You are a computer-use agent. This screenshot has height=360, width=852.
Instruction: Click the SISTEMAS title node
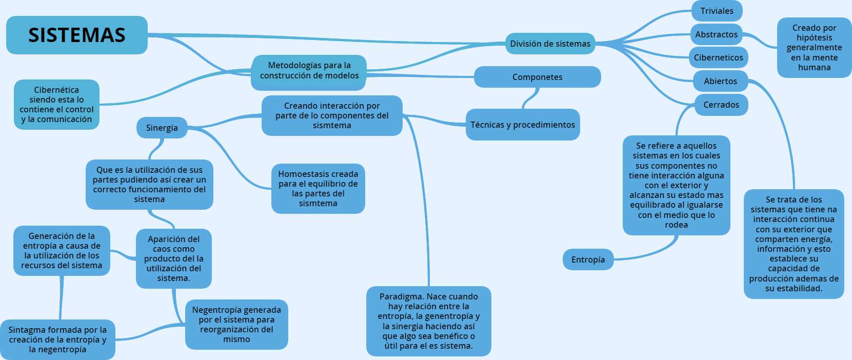[x=77, y=35]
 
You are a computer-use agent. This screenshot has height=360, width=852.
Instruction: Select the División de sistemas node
[x=550, y=44]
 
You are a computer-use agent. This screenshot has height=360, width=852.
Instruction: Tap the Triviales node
[x=717, y=11]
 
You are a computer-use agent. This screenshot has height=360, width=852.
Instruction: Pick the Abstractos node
[x=716, y=34]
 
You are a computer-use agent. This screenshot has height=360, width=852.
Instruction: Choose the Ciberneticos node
[x=718, y=57]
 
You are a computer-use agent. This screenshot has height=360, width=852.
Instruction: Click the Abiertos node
[x=720, y=81]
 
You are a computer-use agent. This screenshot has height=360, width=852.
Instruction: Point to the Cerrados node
[x=721, y=105]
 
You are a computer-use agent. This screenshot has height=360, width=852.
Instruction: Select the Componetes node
[x=537, y=77]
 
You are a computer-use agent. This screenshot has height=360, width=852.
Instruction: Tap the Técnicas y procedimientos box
[x=523, y=125]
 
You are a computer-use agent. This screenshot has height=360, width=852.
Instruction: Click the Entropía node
[x=588, y=259]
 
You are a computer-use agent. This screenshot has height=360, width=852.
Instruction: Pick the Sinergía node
[x=162, y=128]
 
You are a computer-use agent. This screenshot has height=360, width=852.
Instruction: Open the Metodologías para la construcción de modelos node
[x=309, y=71]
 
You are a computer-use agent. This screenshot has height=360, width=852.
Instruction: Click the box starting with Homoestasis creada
[x=318, y=189]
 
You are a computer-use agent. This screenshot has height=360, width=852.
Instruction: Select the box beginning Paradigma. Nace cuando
[x=428, y=321]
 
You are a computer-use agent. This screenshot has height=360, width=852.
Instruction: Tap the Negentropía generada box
[x=236, y=325]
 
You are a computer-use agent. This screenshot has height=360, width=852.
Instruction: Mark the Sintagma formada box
[x=57, y=339]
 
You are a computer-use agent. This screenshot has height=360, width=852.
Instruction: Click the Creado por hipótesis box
[x=814, y=48]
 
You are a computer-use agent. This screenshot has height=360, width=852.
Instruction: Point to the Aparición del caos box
[x=173, y=258]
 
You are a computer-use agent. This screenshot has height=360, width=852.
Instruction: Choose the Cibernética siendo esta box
[x=56, y=105]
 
